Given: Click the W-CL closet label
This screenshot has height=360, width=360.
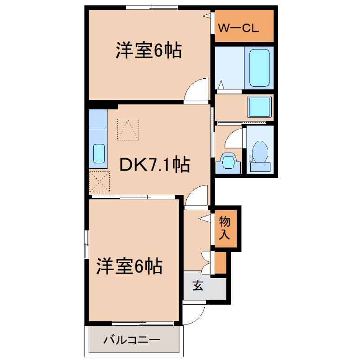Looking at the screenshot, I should (x=238, y=28).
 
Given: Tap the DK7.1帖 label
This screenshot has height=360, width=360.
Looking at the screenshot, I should (x=154, y=165).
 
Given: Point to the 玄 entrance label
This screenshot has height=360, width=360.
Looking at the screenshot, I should (x=198, y=285).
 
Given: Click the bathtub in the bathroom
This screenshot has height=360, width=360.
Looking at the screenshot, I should (x=260, y=68).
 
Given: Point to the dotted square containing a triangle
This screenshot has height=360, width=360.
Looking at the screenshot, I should (x=128, y=129).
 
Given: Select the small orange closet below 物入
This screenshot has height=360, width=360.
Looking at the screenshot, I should (x=220, y=264).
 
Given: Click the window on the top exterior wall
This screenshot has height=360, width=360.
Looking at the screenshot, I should (x=152, y=7).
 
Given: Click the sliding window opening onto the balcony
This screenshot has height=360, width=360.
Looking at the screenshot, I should (x=142, y=323).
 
